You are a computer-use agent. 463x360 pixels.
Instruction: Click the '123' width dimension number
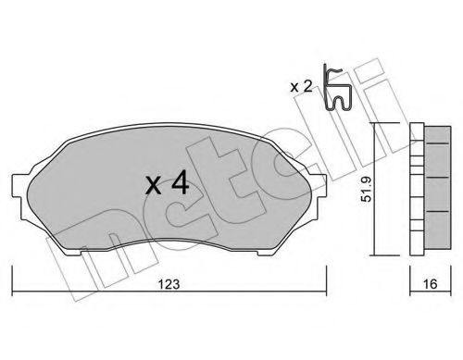click(169, 284)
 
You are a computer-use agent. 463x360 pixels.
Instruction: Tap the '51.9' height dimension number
click(367, 189)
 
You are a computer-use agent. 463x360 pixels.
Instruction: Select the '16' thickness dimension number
click(430, 284)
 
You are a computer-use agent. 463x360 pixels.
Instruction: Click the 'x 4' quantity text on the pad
click(167, 183)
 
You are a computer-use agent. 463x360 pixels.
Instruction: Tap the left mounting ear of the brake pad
click(19, 186)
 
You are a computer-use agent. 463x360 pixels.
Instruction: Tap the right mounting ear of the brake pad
click(319, 186)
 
